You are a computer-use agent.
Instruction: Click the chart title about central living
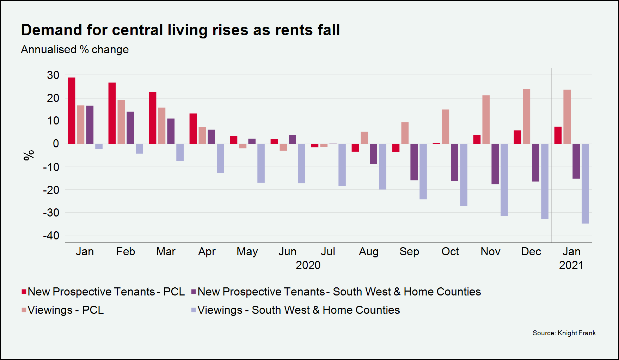180,30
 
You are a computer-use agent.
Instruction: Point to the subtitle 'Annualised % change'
75,50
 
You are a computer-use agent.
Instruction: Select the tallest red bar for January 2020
72,110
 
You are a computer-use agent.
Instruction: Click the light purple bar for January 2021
585,183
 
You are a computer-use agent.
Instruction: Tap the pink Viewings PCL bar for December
526,116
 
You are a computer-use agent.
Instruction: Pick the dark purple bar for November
495,164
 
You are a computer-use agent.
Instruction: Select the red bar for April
193,129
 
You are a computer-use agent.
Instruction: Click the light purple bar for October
464,175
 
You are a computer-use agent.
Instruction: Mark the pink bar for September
405,133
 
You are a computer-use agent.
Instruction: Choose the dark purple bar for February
130,128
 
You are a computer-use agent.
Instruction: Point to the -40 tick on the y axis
51,236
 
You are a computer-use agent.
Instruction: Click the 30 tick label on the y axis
53,75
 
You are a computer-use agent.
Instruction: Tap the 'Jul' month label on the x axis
328,251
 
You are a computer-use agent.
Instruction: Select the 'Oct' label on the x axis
450,251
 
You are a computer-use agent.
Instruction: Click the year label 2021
571,265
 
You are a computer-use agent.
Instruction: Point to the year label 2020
308,265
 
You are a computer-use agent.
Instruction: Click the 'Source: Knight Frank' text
564,333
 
